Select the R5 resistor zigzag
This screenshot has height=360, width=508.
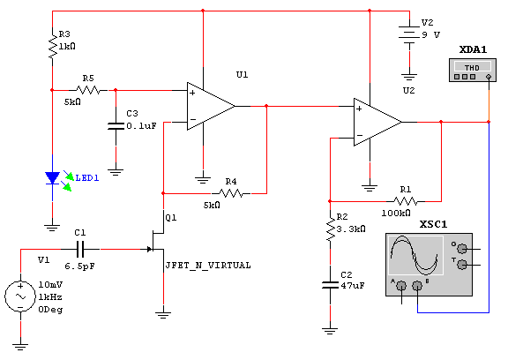[x=88, y=90]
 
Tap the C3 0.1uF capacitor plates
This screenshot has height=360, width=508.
[x=116, y=126]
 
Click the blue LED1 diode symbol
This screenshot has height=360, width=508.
[x=53, y=178]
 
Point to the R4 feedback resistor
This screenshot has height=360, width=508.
[x=231, y=193]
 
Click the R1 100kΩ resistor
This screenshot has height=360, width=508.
[x=406, y=201]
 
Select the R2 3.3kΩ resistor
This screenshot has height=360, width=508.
[x=330, y=229]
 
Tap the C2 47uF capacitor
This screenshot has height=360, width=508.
[x=330, y=285]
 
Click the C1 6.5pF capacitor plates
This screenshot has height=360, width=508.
[x=80, y=249]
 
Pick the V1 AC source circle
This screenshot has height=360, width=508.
[x=20, y=296]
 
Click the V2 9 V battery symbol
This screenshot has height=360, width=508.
[x=409, y=34]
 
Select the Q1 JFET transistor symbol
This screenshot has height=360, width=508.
[x=157, y=241]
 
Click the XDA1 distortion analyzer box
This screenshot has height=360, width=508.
[x=473, y=70]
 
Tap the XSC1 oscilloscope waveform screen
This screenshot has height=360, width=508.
[x=415, y=255]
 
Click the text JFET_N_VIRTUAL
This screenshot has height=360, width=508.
[x=208, y=266]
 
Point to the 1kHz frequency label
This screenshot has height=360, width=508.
[x=50, y=297]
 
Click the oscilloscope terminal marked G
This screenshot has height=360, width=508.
[x=462, y=249]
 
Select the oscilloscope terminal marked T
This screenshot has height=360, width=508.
[x=462, y=265]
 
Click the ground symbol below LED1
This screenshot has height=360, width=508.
[x=53, y=228]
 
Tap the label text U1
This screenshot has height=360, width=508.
[x=242, y=75]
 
